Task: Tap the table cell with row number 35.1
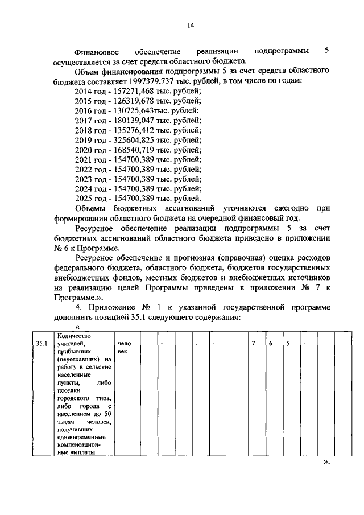41,344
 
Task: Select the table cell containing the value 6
271,344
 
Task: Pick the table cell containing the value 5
288,344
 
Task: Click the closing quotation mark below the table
326,463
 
